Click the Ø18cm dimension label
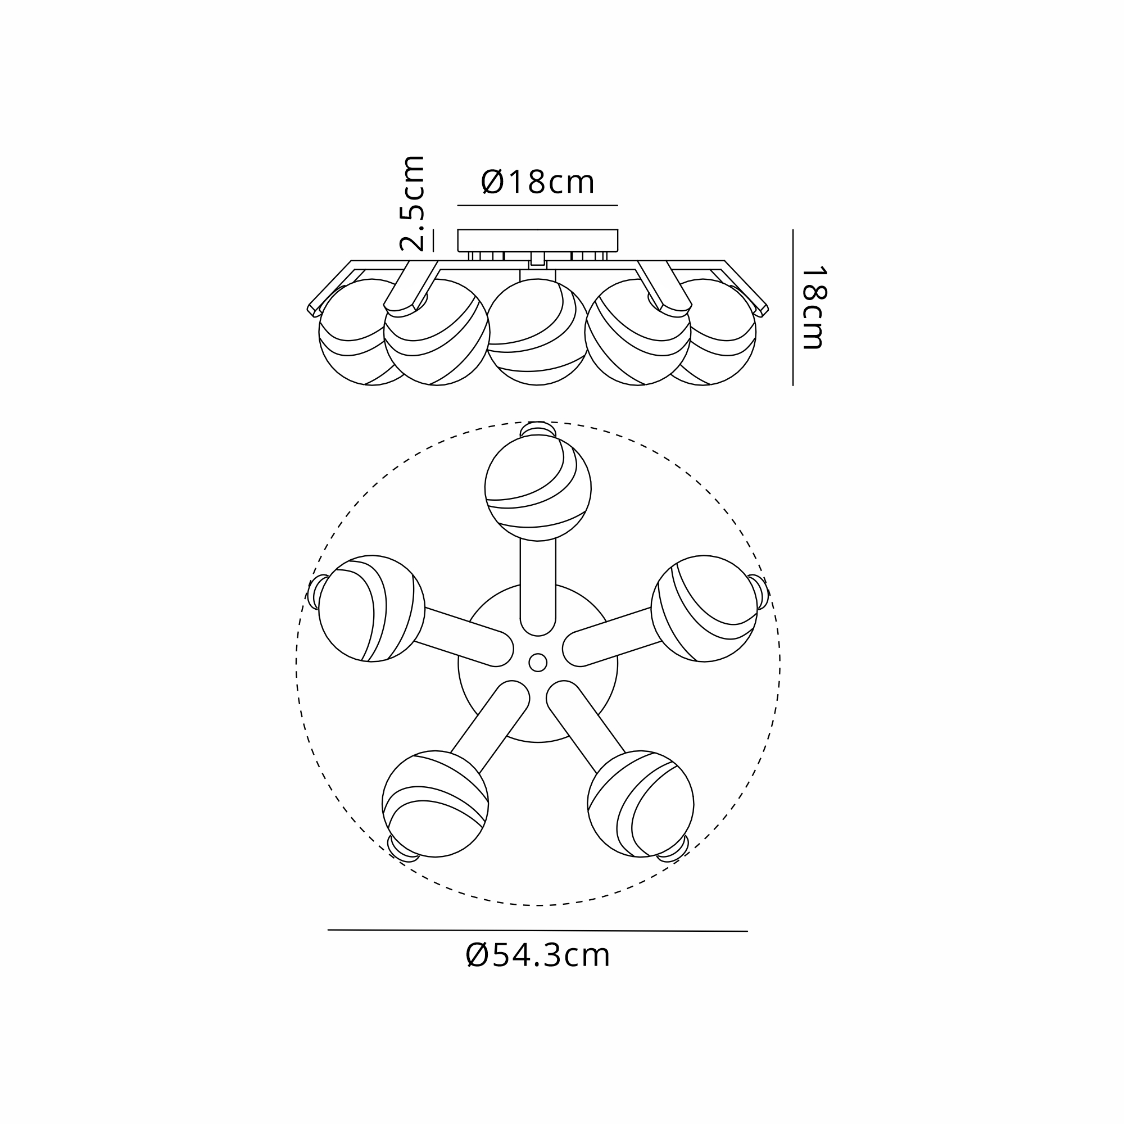[538, 182]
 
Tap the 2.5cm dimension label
[412, 203]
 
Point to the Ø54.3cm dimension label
[538, 971]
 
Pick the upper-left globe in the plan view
[371, 609]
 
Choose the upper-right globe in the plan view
[704, 609]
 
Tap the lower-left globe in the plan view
[435, 804]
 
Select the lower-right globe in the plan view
[641, 804]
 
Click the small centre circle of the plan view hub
[538, 662]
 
